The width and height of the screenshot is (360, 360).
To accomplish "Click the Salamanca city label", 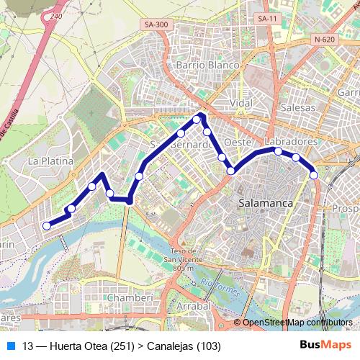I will [265, 204].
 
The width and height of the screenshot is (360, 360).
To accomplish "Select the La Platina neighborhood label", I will [50, 161].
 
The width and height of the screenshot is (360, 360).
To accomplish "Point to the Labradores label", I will [291, 142].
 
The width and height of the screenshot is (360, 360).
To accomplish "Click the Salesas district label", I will [298, 107].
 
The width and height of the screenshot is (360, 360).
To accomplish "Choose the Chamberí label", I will [130, 297].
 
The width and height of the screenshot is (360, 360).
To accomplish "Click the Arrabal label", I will [193, 306].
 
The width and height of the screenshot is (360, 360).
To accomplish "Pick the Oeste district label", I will [237, 142].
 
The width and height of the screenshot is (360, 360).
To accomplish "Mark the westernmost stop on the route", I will [47, 225].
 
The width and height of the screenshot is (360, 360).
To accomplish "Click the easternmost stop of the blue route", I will [314, 175].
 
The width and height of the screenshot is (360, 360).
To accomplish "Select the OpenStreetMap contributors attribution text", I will [297, 323].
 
